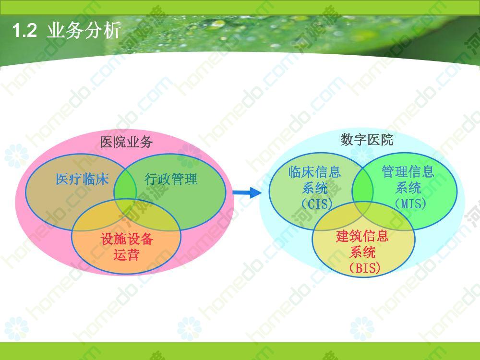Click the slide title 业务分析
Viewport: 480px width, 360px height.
(x=84, y=31)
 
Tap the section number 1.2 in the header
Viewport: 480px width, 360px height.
(x=25, y=31)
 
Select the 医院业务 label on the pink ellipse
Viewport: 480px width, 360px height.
(x=126, y=142)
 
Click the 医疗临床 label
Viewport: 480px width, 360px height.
(x=82, y=179)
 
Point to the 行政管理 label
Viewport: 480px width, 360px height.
(x=171, y=179)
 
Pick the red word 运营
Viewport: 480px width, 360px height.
(x=126, y=255)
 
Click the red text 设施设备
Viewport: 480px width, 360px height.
(x=126, y=239)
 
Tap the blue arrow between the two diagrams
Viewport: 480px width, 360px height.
(x=247, y=192)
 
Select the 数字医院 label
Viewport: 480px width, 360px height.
(x=366, y=140)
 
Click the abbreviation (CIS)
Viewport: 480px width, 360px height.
(x=317, y=204)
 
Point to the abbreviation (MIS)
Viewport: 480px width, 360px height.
(x=410, y=204)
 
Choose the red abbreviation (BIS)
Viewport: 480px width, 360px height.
(x=364, y=268)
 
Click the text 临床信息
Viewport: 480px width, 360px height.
(x=315, y=172)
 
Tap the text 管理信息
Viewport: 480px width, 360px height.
(x=408, y=171)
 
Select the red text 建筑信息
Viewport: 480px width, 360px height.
(x=362, y=236)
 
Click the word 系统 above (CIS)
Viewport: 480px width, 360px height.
(x=315, y=188)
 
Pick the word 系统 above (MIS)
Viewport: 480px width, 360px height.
(x=408, y=188)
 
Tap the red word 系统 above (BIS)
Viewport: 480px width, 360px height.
(x=362, y=252)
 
